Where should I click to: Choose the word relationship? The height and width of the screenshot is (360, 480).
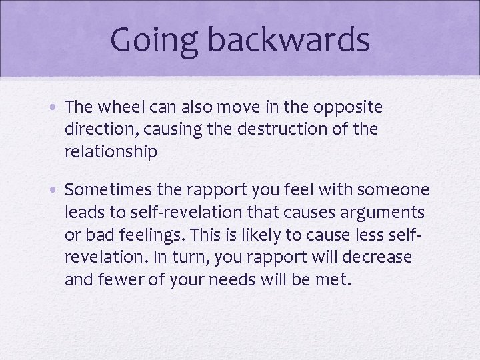111,151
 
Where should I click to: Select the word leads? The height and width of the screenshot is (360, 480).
83,213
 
